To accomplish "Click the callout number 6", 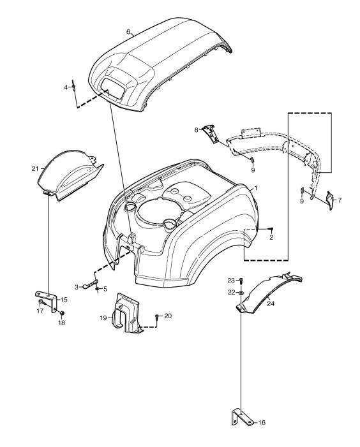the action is [128, 32].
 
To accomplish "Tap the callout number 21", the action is [35, 169].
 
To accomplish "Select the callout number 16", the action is [262, 422].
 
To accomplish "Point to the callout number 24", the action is [271, 304].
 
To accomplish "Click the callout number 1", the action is [256, 188].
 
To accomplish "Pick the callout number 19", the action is [103, 318].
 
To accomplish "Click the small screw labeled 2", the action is [271, 229].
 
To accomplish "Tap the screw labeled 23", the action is [241, 281].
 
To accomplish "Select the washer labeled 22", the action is [241, 293].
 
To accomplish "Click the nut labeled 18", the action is [62, 313].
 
